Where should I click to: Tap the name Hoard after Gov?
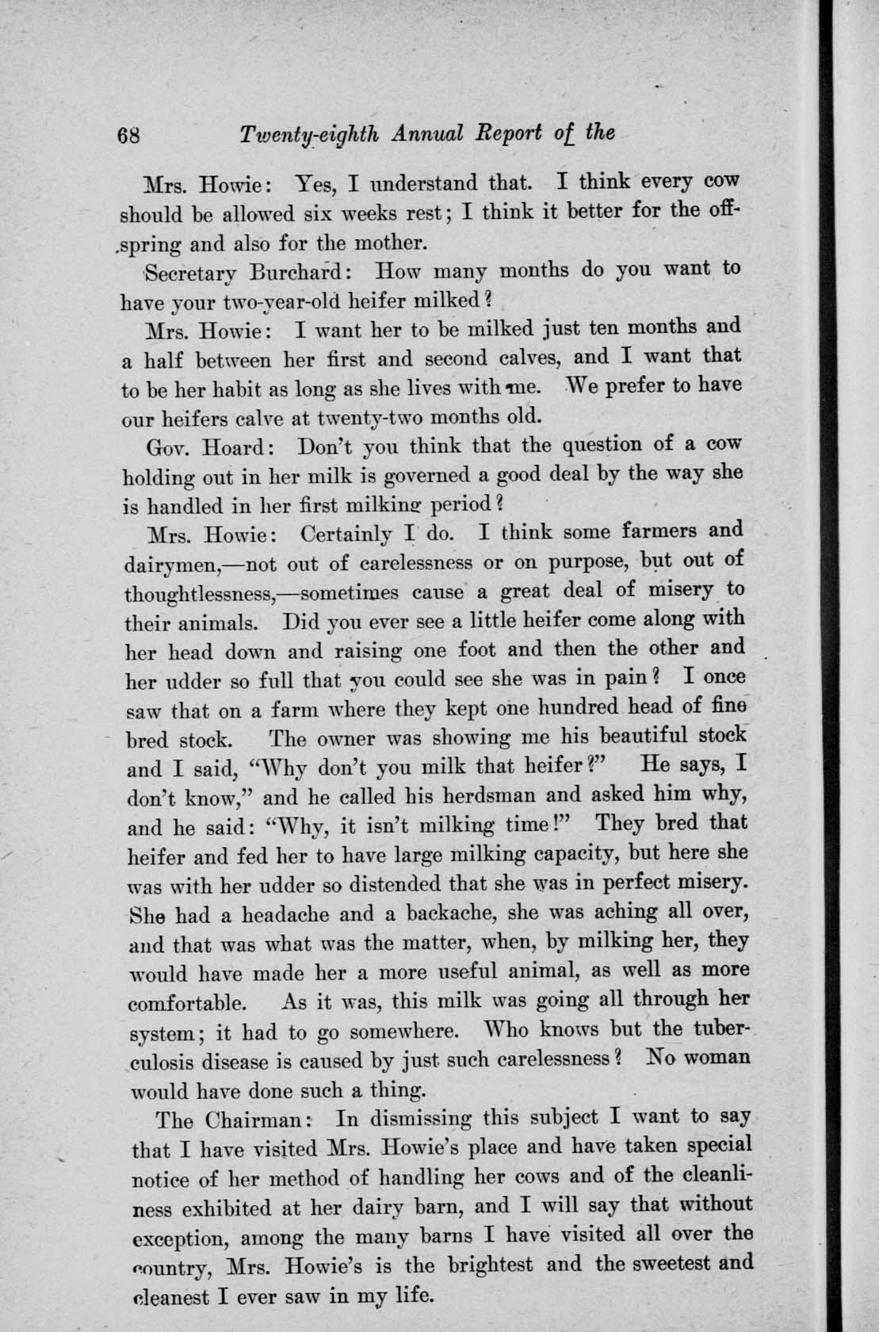click(238, 447)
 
